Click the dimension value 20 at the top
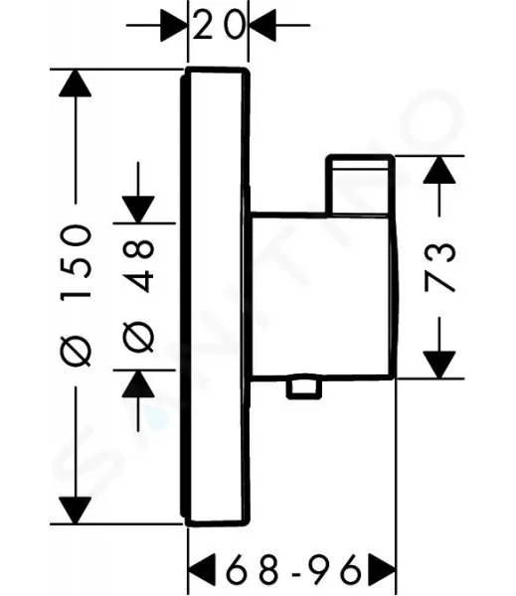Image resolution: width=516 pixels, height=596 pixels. click(218, 25)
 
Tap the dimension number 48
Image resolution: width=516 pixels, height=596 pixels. click(138, 265)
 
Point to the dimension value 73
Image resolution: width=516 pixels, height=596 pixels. click(439, 267)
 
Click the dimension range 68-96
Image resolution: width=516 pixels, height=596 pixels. click(292, 568)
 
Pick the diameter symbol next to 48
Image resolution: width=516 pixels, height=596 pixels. click(138, 337)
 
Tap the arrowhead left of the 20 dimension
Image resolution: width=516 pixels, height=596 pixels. click(174, 25)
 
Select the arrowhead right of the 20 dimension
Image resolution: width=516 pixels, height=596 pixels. click(262, 25)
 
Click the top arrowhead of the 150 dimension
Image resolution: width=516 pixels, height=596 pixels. click(75, 83)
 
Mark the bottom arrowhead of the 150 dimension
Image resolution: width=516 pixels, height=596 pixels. click(75, 510)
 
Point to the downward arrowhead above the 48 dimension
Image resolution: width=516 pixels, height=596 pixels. click(138, 209)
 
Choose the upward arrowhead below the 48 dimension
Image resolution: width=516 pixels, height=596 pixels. click(138, 383)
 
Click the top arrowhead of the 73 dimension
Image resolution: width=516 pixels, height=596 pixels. click(439, 170)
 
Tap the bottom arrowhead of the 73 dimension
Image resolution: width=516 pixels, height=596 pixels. click(439, 365)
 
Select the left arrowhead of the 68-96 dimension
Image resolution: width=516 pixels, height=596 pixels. click(202, 569)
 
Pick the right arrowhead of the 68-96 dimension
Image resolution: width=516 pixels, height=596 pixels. click(382, 569)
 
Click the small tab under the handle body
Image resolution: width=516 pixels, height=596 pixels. click(303, 388)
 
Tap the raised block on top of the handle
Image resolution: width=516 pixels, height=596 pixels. click(360, 185)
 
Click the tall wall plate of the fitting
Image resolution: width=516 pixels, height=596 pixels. click(215, 297)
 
